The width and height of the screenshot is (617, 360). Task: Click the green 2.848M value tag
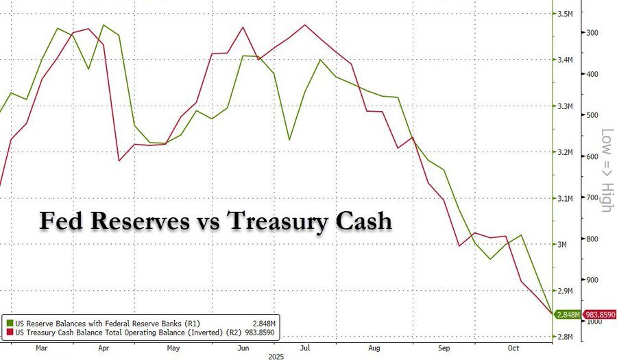click(x=568, y=314)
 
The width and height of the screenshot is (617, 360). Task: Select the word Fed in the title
click(x=60, y=221)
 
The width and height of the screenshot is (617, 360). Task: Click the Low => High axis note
click(x=606, y=169)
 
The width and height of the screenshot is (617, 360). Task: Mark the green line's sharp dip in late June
click(x=289, y=140)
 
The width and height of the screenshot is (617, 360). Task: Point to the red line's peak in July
click(x=304, y=25)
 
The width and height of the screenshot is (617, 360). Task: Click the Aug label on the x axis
click(x=373, y=347)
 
